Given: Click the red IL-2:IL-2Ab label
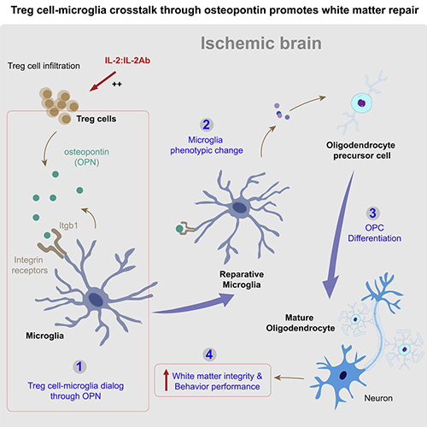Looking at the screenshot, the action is click(127, 61).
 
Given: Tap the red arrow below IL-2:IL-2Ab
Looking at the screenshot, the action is click(102, 81).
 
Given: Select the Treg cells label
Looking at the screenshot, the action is click(97, 119).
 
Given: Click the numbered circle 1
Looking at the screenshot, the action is click(79, 366).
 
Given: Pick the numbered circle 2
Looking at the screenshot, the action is click(207, 125).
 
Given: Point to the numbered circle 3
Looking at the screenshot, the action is click(372, 213).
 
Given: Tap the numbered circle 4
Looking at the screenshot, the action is click(209, 354).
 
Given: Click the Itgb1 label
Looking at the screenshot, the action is click(68, 225).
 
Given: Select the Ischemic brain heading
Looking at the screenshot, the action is click(261, 43).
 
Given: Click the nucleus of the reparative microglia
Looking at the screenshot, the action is click(241, 208).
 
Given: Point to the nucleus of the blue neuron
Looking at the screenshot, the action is click(343, 375).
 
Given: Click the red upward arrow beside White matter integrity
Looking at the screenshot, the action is click(166, 380).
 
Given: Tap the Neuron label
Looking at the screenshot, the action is click(378, 398).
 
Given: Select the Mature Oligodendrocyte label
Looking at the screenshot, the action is click(301, 323).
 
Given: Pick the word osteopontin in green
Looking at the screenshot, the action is click(86, 152).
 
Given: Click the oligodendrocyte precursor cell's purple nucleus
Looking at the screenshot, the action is click(361, 102).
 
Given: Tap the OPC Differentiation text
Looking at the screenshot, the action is click(374, 233).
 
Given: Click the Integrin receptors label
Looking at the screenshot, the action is click(30, 265).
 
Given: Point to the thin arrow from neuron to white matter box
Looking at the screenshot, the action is click(290, 378).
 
